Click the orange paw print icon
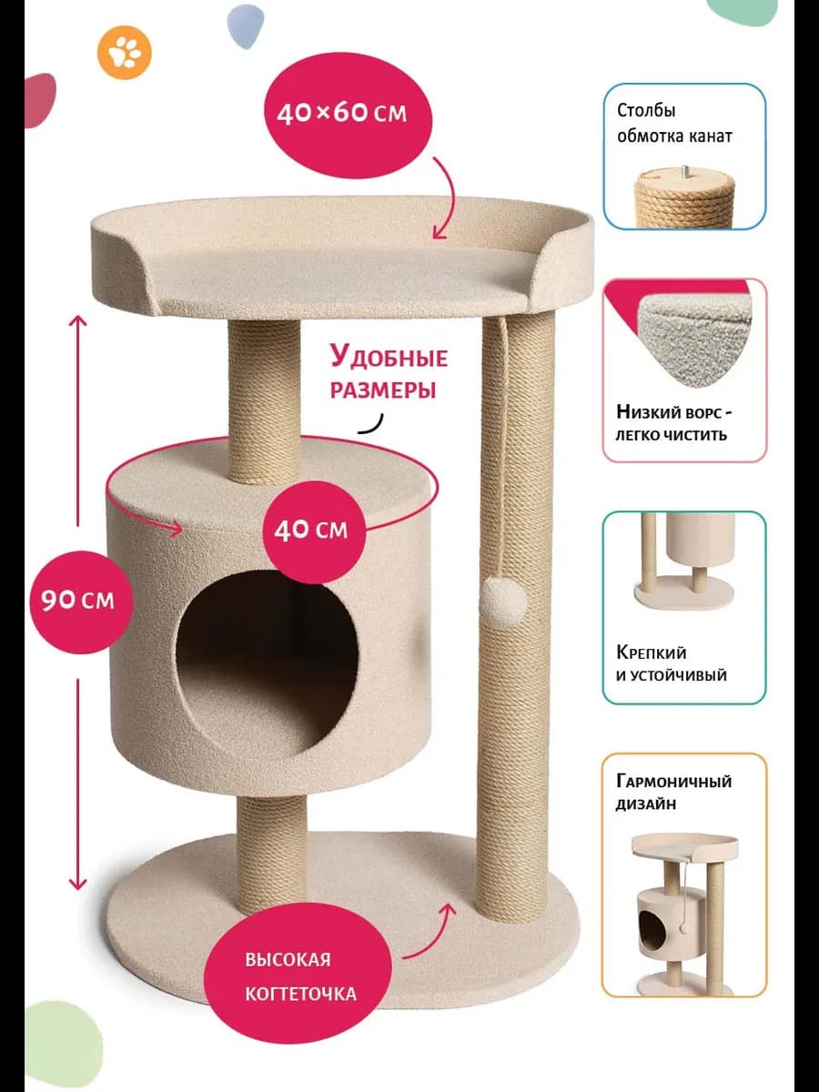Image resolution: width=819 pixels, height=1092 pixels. click(x=125, y=54)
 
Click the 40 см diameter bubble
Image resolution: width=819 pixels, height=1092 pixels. click(x=311, y=530)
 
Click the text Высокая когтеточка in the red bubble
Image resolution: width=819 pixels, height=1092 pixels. click(x=300, y=976)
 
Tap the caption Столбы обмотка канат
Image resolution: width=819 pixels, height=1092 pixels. click(x=674, y=124)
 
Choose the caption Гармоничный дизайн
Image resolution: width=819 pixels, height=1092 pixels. click(x=673, y=793)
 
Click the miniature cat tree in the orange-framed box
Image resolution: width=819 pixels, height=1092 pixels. click(x=683, y=910)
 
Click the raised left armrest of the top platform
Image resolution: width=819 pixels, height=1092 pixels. click(x=127, y=264)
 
